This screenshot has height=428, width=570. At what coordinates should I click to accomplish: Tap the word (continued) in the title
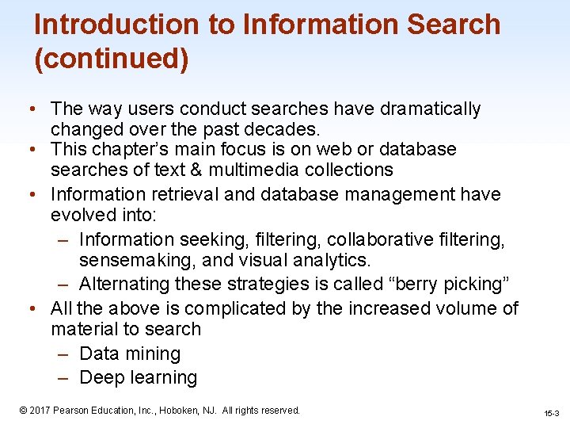(x=111, y=59)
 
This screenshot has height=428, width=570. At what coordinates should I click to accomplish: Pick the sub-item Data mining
(x=131, y=353)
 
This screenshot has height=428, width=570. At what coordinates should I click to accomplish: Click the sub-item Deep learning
(x=139, y=378)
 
